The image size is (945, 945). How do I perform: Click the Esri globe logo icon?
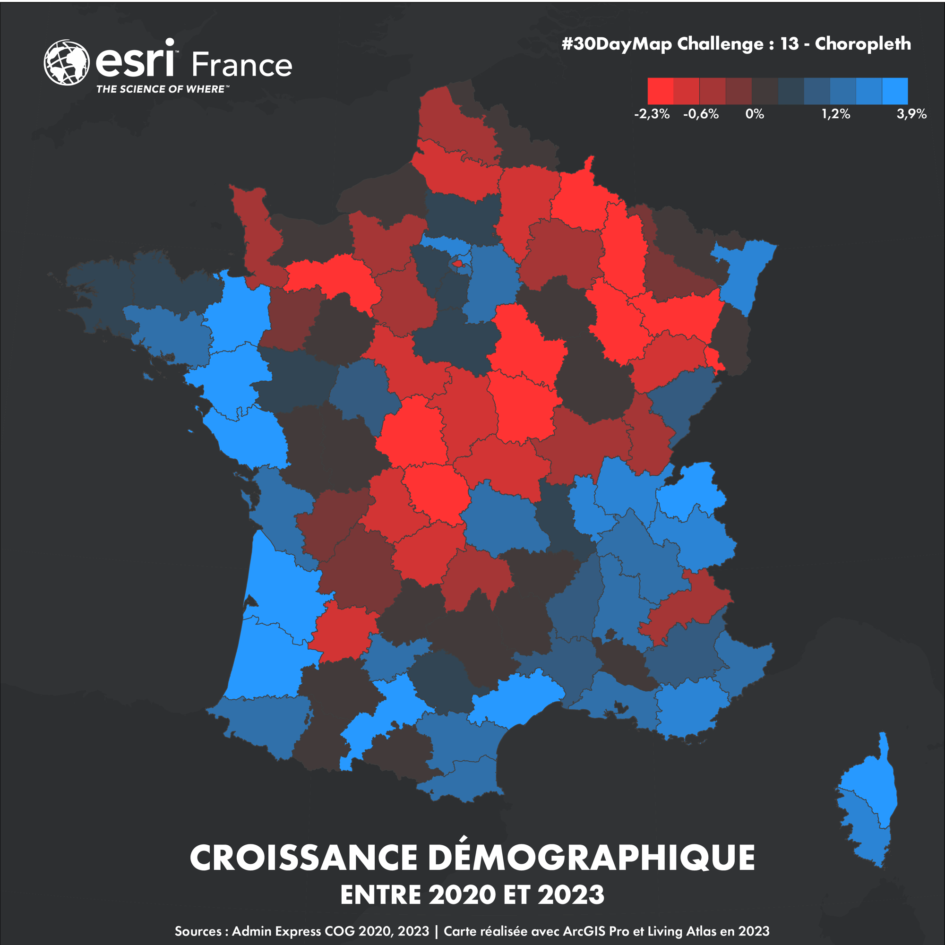67,63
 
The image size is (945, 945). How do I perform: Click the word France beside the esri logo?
241,65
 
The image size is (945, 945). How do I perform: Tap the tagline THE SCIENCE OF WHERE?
162,89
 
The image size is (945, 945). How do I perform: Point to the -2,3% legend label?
652,114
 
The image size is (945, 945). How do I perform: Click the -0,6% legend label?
700,114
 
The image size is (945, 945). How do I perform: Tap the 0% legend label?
754,114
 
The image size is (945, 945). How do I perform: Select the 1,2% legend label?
835,114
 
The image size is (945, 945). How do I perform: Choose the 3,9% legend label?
911,114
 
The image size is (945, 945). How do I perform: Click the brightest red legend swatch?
661,91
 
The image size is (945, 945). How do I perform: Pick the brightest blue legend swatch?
894,91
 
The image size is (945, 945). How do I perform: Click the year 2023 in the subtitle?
571,895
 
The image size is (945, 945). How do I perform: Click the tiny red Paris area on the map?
459,263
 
